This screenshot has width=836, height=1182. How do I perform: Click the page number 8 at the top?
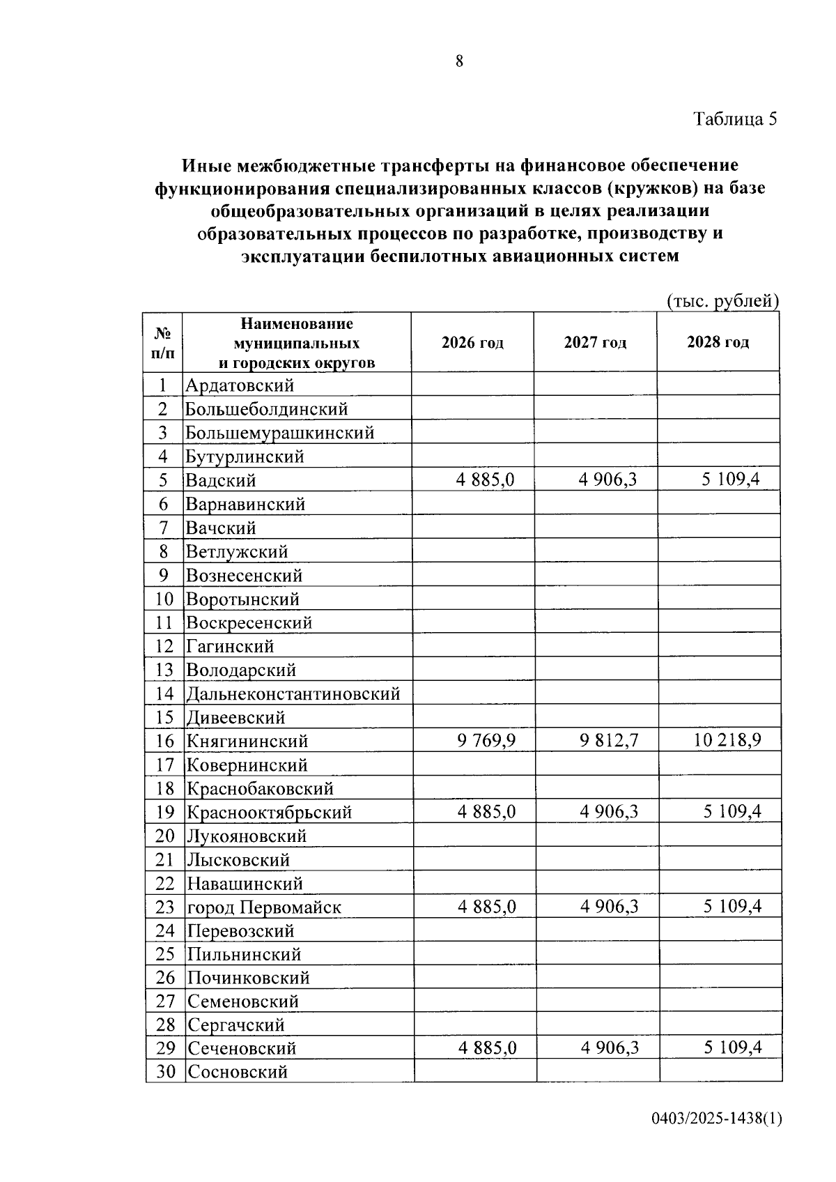[459, 61]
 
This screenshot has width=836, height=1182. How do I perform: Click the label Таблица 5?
[734, 119]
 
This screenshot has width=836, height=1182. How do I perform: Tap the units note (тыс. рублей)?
[722, 301]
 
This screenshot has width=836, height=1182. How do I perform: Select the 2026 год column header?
[472, 342]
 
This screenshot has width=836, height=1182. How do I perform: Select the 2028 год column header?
[718, 342]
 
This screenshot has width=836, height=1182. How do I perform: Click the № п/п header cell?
[163, 342]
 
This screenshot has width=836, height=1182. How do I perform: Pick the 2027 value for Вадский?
[607, 479]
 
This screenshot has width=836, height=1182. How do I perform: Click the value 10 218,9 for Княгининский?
[727, 740]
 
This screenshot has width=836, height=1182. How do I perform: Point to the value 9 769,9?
[486, 740]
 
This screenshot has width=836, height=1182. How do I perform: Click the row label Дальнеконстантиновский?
[293, 694]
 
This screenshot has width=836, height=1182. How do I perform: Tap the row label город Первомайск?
[264, 907]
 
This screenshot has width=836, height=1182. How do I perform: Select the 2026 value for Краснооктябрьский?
[486, 812]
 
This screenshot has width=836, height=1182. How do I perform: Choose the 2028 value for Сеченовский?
[732, 1047]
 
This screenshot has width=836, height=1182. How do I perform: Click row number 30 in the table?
[165, 1072]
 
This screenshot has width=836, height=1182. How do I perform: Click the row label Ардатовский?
[240, 385]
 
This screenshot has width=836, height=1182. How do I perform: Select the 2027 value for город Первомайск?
[609, 907]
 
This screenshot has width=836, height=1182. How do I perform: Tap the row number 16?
[164, 742]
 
